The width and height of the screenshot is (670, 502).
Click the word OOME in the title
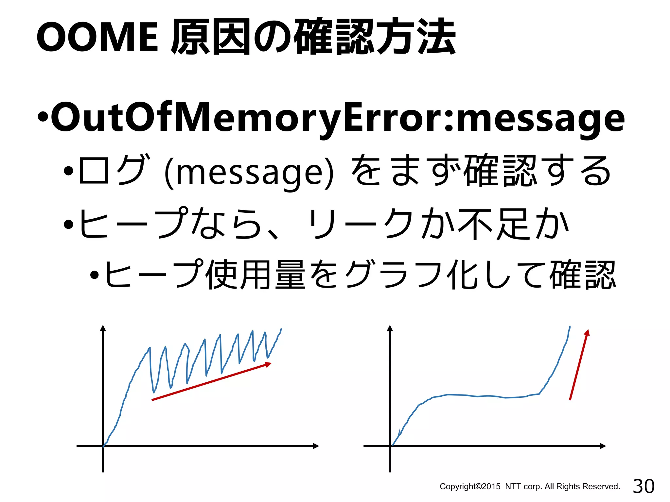point(97,37)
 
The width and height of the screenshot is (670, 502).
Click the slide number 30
point(644,486)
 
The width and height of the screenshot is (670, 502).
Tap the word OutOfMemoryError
point(249,118)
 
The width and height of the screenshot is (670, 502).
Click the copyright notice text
point(530,487)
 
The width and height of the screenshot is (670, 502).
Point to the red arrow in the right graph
point(579,364)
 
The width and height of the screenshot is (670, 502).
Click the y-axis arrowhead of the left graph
point(103,328)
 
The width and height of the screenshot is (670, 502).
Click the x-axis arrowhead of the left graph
point(316,446)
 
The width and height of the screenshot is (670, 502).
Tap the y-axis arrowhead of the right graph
point(390,328)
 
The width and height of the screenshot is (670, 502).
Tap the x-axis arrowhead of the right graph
point(603,446)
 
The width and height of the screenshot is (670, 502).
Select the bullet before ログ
point(68,171)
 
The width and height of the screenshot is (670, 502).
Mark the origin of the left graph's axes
point(103,446)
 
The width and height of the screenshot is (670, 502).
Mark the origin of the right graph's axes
point(390,446)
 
